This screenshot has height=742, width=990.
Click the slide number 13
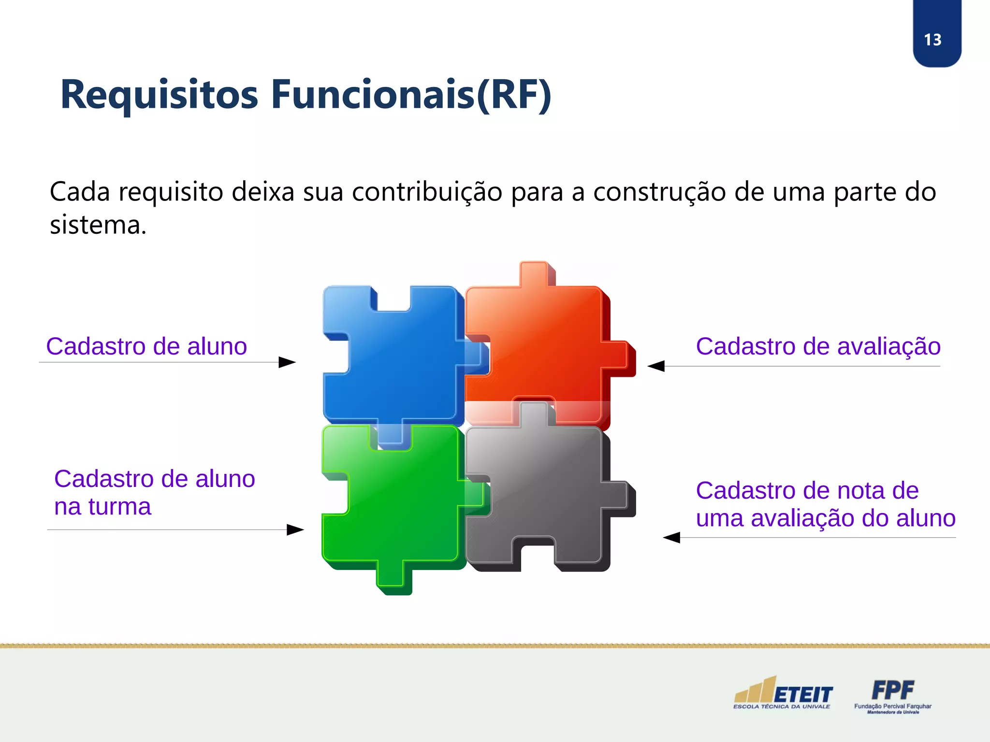coord(932,40)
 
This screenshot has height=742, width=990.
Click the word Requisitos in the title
coord(160,95)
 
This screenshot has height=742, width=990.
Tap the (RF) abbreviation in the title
coord(513,95)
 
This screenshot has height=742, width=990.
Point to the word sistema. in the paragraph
coord(98,225)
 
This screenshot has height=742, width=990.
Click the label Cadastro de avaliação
coord(818,346)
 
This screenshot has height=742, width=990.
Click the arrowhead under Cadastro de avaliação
coord(656,366)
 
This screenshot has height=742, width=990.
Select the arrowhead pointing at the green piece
coord(295,529)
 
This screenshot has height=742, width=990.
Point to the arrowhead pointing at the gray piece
coord(671,537)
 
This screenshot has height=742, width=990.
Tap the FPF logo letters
coord(892,690)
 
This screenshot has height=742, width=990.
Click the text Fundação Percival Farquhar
coord(892,706)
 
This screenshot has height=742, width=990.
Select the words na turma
coord(102,507)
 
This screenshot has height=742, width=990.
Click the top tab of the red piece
coord(534,274)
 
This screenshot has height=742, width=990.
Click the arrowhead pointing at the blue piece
coord(287,362)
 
